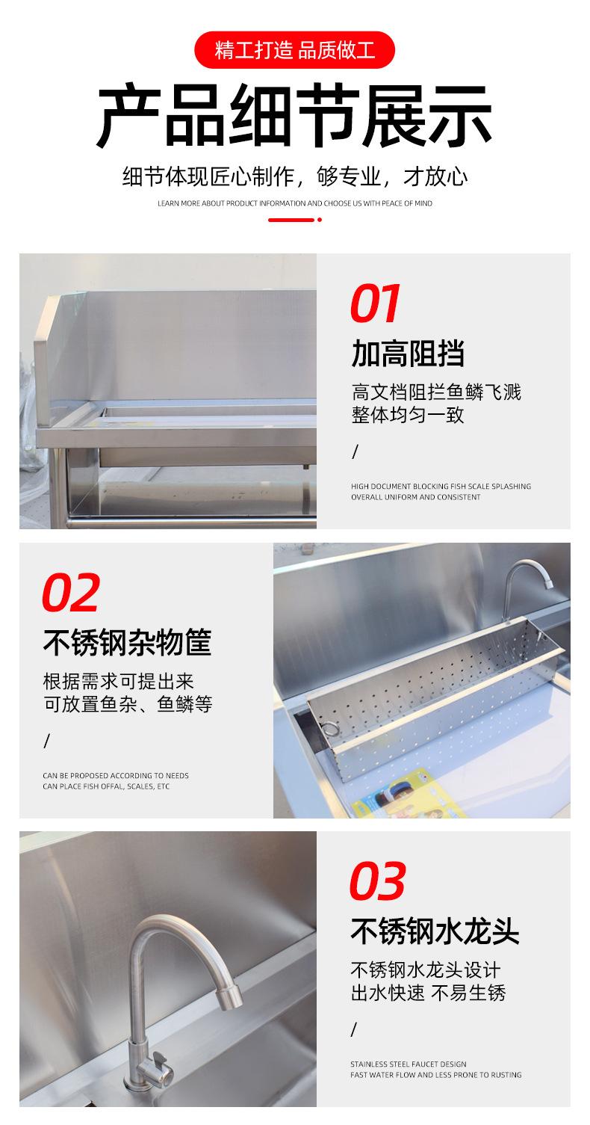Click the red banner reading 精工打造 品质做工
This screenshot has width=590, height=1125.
(294, 50)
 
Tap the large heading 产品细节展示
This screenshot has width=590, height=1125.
(294, 116)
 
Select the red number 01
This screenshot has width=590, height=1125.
(375, 303)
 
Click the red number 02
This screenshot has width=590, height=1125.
(71, 593)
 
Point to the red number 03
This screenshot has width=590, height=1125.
(377, 881)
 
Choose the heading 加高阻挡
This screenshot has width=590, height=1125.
(408, 353)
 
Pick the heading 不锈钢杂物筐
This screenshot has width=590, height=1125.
(128, 642)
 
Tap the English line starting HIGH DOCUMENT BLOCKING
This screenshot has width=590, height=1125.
(441, 486)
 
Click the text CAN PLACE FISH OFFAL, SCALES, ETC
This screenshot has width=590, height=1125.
(106, 786)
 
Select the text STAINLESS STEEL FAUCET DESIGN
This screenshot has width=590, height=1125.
(409, 1064)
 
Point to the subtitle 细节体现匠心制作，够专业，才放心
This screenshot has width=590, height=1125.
(295, 176)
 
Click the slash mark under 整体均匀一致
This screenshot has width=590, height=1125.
(355, 452)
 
